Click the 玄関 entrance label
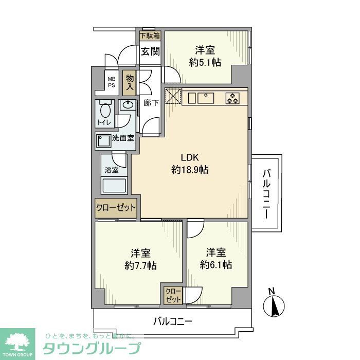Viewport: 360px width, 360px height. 150,51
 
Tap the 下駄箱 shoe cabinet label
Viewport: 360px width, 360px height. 150,35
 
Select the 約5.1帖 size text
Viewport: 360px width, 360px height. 205,62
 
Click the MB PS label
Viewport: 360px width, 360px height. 111,82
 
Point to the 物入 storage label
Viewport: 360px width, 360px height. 130,82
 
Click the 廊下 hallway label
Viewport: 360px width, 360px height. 151,102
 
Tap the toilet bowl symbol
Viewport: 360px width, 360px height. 105,110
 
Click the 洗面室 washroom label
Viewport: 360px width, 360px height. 123,138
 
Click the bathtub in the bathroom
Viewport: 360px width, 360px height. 116,185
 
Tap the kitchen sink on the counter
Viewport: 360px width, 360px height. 205,97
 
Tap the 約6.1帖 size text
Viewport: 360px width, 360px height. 216,265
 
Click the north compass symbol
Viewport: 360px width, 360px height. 273,305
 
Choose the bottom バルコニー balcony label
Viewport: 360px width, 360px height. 173,322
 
